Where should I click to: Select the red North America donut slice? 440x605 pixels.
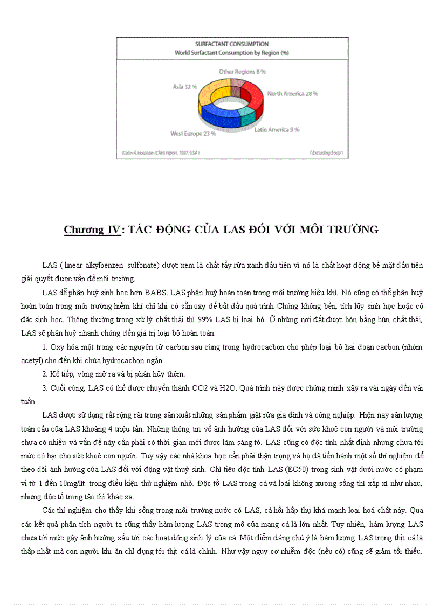pos(253,92)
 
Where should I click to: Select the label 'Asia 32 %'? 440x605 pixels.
pos(184,86)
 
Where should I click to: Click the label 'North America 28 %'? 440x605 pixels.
pos(292,93)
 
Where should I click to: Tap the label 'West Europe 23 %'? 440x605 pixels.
pos(193,133)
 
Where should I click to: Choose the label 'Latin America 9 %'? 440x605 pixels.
pos(277,130)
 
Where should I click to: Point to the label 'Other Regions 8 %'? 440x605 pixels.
pos(242,71)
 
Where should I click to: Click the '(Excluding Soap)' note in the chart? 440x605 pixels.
pos(326,153)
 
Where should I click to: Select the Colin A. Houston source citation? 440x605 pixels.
pos(160,153)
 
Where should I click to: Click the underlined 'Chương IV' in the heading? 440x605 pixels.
pos(92,230)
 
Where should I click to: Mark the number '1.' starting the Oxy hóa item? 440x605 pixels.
pos(45,347)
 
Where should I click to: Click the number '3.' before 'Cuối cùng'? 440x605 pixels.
pos(45,388)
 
